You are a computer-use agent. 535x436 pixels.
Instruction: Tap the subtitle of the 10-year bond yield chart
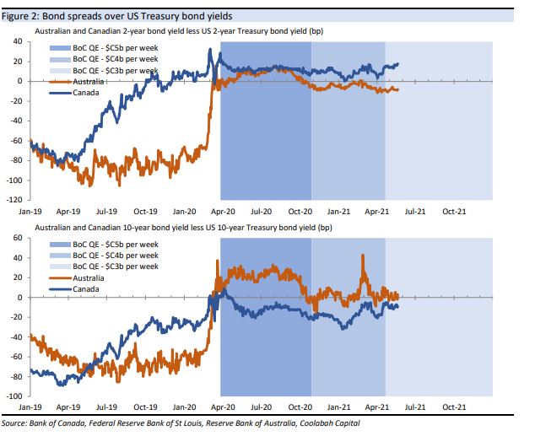[x=183, y=228]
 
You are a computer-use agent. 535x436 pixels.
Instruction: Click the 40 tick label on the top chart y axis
[x=18, y=41]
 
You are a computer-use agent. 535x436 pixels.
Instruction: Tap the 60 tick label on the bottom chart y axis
[x=18, y=238]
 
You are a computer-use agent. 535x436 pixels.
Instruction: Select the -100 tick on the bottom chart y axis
[x=15, y=396]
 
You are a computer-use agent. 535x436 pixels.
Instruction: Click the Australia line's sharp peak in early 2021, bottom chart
[x=363, y=256]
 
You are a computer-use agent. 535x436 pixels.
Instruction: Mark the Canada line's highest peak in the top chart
[x=209, y=50]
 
